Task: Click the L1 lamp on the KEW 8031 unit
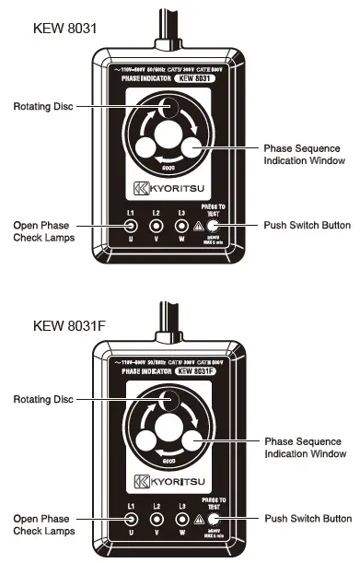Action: [x=133, y=225]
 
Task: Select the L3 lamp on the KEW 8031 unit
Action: [x=184, y=225]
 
